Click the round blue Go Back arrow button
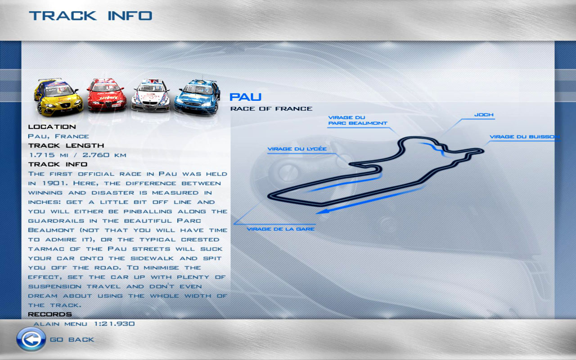[31, 339]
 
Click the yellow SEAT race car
[58, 97]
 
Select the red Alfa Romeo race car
[107, 95]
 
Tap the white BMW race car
[151, 95]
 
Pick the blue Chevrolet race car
[197, 97]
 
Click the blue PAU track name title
[245, 97]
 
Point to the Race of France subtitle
[271, 109]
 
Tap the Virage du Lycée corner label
[297, 149]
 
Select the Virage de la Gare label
[280, 229]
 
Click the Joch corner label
[484, 115]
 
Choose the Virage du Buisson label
[525, 137]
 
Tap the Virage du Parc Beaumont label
[358, 120]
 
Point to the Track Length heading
[66, 145]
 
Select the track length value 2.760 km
[104, 155]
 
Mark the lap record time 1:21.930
[114, 324]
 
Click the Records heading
[50, 314]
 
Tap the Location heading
[52, 127]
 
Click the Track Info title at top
[90, 16]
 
